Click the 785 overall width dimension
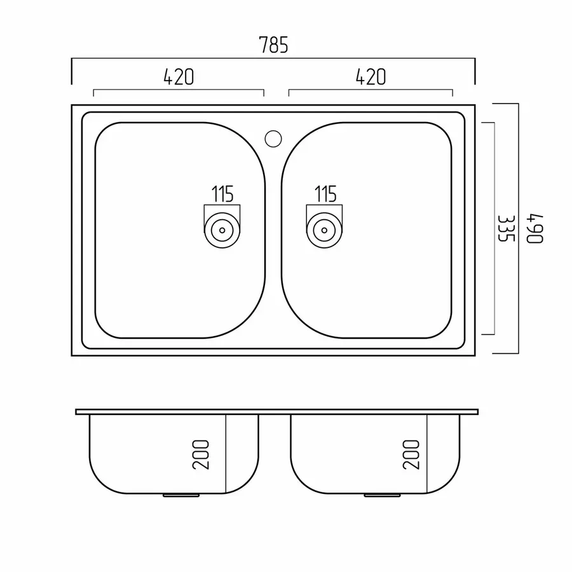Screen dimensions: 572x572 coord(273,45)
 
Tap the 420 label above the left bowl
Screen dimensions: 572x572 coord(179,77)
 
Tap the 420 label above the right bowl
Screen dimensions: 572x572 coord(371,77)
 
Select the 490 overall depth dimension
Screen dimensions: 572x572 coord(535,229)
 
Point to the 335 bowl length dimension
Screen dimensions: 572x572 coord(506,228)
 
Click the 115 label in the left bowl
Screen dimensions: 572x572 coord(222,194)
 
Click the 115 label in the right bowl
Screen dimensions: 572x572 coord(325,194)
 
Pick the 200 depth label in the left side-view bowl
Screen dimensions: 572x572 coord(201,454)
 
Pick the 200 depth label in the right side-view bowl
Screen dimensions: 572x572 coord(411,454)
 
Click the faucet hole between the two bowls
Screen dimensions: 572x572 coord(273,139)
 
